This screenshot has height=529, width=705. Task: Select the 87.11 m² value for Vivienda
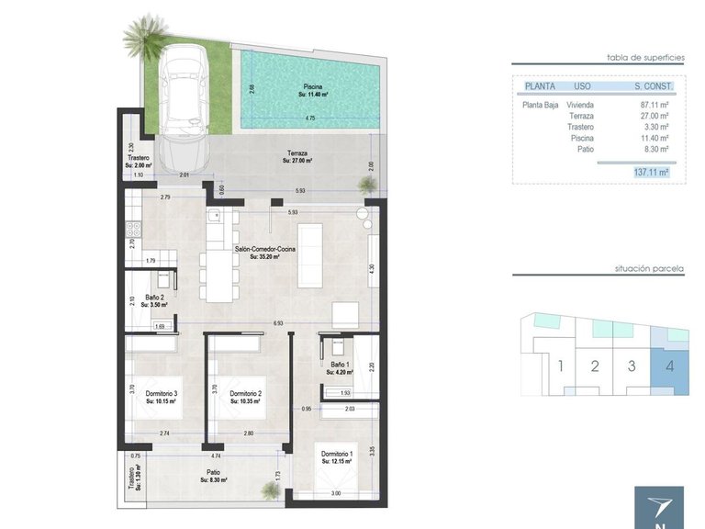[x=654, y=105]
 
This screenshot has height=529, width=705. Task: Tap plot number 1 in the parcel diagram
[x=560, y=366]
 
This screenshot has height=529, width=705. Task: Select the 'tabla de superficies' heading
[x=646, y=57]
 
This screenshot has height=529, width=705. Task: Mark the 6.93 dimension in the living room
[x=278, y=323]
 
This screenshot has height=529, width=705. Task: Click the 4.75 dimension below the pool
[x=310, y=118]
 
